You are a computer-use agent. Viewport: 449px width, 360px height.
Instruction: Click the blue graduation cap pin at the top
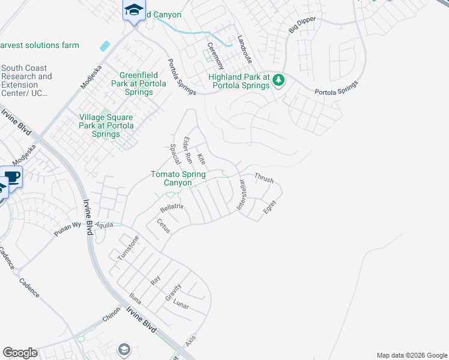134,11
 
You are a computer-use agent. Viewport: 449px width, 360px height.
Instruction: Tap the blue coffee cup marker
12,178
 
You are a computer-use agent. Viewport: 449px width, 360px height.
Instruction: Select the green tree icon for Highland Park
278,79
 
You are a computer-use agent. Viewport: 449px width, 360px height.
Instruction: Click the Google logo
20,353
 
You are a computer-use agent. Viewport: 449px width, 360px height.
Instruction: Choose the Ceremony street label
215,55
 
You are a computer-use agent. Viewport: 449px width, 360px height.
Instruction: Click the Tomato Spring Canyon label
178,178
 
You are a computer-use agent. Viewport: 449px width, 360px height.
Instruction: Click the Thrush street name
264,178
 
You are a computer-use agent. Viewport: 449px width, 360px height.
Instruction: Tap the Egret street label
270,209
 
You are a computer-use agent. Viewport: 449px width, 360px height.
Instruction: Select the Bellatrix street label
171,208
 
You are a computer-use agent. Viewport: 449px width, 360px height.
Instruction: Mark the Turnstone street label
128,247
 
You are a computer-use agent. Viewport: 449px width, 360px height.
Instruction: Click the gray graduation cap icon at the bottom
124,349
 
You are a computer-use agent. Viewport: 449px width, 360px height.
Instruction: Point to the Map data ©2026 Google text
411,355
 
